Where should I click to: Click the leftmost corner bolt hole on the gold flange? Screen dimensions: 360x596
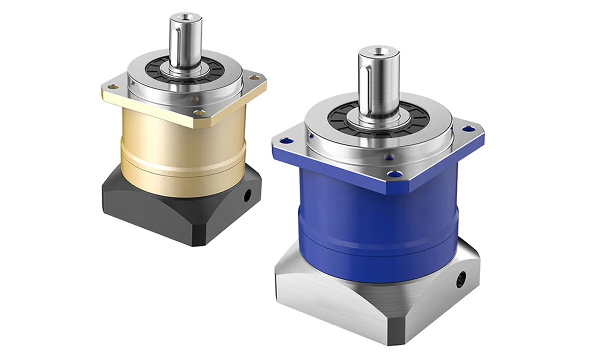tap(111, 86)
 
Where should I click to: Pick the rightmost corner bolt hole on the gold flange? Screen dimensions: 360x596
tap(257, 78)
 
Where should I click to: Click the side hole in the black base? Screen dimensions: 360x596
tap(247, 196)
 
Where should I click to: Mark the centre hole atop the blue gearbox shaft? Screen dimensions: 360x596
tap(378, 51)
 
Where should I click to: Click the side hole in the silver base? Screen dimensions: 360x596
tap(461, 281)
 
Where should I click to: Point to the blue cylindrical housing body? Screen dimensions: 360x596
tap(373, 224)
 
